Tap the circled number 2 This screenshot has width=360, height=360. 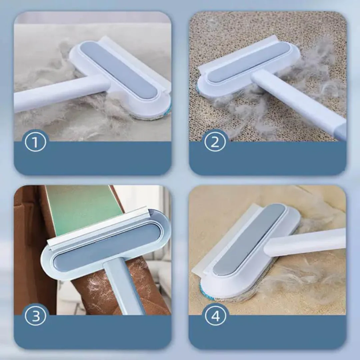[215, 142]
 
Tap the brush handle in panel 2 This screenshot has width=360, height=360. [300, 103]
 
